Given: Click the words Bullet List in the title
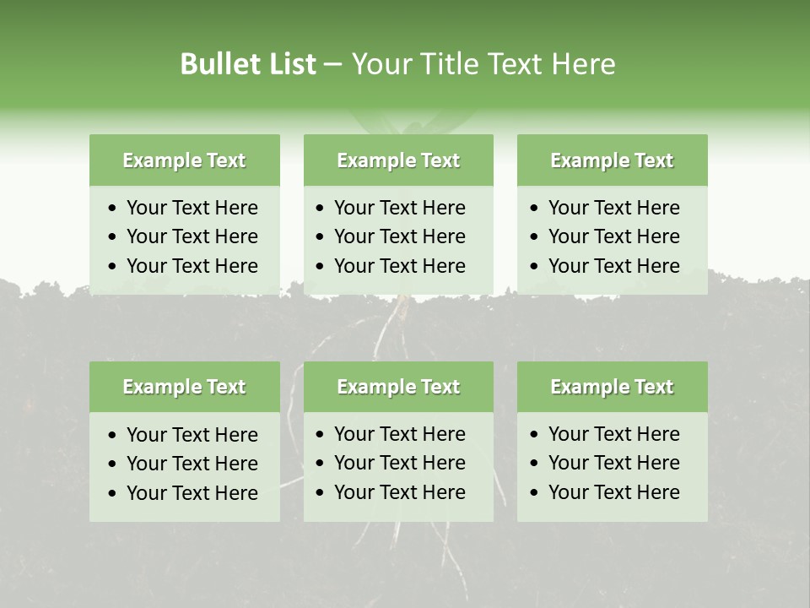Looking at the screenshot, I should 248,64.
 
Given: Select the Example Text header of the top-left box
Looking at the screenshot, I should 184,160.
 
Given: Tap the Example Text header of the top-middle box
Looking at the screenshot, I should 398,160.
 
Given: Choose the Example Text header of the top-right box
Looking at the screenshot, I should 612,160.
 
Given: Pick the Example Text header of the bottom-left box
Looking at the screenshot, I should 184,387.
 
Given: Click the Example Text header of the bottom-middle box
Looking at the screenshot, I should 398,387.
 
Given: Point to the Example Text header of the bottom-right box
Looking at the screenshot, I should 612,387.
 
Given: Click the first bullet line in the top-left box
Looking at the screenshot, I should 192,208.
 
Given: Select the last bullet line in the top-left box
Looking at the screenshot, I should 192,266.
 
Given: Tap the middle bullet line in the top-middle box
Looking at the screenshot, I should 399,236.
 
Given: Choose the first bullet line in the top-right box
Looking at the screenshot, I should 613,208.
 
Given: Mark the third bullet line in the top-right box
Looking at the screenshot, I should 613,266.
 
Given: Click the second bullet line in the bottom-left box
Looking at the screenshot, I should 192,464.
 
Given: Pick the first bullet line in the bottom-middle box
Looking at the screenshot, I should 399,434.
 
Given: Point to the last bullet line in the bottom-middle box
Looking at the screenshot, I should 399,492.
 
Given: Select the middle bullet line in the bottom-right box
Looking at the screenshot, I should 613,463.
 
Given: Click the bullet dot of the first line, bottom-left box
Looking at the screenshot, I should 113,436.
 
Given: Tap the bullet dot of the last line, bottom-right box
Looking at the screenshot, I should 535,493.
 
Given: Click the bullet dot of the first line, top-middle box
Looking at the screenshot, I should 321,209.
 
